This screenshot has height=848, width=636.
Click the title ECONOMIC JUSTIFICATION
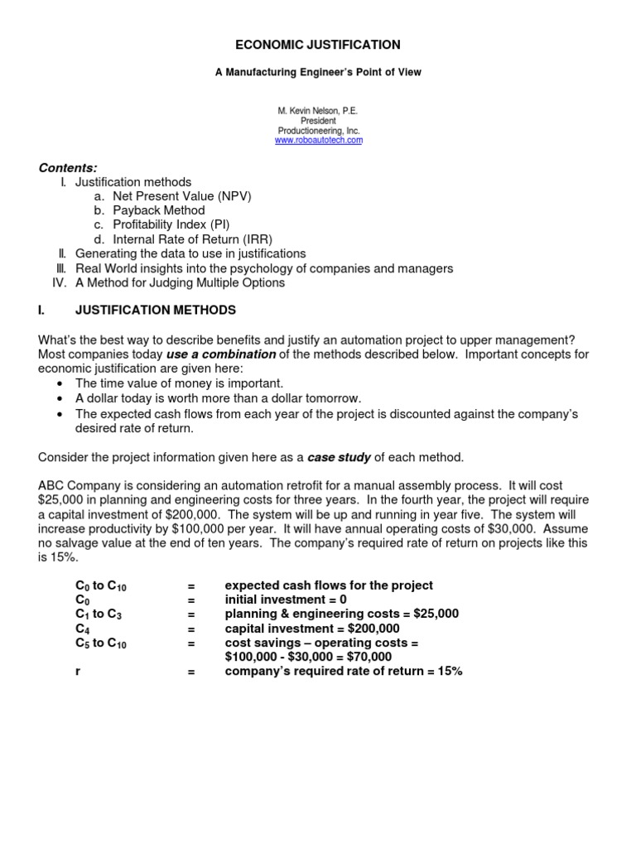[x=318, y=45]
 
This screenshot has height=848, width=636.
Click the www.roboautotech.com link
[x=318, y=141]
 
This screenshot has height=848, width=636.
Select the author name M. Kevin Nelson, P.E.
[x=318, y=110]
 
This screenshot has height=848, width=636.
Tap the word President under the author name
[x=318, y=121]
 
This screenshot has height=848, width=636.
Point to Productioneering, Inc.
[x=318, y=131]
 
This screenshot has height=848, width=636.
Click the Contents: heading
[x=68, y=167]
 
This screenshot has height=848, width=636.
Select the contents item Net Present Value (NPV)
[x=181, y=196]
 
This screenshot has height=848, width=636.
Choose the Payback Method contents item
[x=158, y=210]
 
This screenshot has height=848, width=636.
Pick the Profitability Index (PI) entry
[x=171, y=224]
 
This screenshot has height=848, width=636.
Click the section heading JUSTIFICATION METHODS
[x=155, y=311]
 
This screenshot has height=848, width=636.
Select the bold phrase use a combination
[x=221, y=354]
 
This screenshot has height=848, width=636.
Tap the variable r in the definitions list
[x=78, y=671]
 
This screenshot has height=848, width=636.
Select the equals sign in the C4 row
[x=190, y=628]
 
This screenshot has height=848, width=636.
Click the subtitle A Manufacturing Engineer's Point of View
[x=318, y=73]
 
